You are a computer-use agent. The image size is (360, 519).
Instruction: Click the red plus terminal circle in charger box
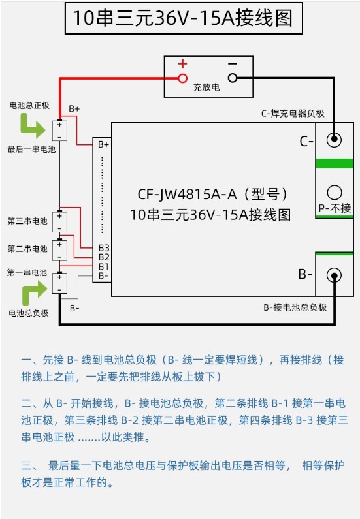[x=182, y=78]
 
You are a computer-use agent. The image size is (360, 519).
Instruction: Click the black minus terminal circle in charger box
[x=233, y=78]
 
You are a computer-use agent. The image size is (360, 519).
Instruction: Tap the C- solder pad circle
[x=334, y=139]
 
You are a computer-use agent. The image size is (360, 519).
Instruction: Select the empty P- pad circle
[x=334, y=193]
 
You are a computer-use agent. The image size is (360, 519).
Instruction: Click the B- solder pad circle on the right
[x=334, y=275]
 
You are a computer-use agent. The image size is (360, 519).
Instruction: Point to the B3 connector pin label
[x=104, y=248]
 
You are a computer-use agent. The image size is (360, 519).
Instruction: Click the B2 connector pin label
[x=104, y=257]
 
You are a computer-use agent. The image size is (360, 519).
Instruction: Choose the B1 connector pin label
[x=103, y=266]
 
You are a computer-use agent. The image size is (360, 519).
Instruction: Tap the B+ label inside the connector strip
[x=103, y=145]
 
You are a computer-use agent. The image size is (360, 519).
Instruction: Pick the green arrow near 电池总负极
[x=35, y=292]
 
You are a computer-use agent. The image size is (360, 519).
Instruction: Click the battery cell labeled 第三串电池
[x=59, y=222]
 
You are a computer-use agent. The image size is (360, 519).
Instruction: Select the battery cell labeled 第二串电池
[x=59, y=250]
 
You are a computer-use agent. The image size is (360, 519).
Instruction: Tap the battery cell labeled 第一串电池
[x=59, y=283]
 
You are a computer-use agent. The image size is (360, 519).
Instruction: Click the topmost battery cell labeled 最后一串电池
[x=59, y=131]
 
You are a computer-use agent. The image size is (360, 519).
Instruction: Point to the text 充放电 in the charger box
[x=206, y=87]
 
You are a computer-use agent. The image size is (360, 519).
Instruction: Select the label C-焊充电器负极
[x=293, y=114]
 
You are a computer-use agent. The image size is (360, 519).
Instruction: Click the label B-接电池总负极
[x=295, y=307]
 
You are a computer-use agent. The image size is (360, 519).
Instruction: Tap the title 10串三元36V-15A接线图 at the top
[x=183, y=18]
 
